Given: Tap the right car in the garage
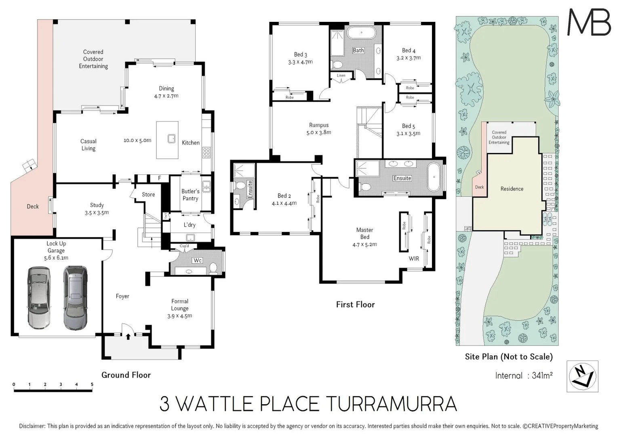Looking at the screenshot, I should [75, 297].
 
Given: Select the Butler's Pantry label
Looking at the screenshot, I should [190, 195].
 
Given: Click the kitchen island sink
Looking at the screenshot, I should [172, 139].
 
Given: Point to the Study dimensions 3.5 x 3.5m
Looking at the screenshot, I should [97, 212].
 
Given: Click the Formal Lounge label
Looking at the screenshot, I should [180, 305].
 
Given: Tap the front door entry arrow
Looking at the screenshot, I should [128, 336].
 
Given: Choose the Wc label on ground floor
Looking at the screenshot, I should [197, 260].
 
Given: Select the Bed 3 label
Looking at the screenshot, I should [300, 55].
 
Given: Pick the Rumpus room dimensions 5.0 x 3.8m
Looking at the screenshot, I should [319, 132].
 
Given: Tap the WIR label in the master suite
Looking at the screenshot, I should [414, 259].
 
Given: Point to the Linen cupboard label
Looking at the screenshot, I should [341, 75].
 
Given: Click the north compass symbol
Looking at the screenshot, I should [582, 376].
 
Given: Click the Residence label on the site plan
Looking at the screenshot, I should [512, 189].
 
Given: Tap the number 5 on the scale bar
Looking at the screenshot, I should [92, 384].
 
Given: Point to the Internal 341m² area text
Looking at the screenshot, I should [524, 375].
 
